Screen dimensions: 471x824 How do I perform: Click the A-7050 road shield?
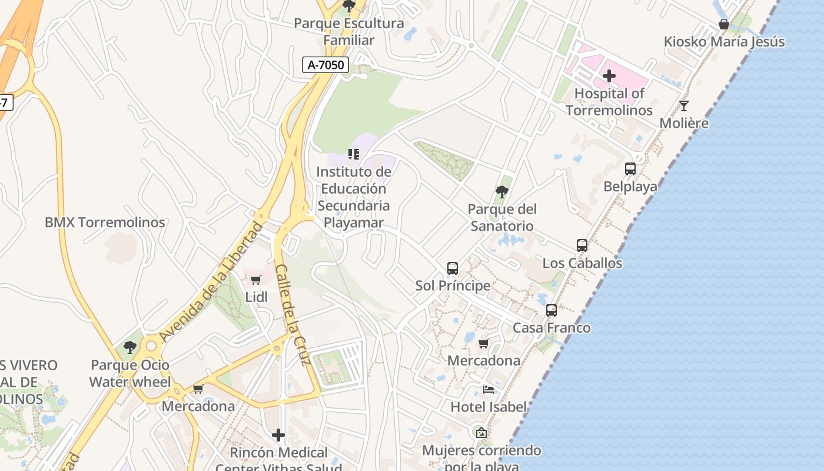coord(326,65)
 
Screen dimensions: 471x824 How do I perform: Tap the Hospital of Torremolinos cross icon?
coord(609,76)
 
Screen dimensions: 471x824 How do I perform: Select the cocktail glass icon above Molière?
coord(683,106)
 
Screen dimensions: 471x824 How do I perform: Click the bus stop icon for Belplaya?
coord(630,169)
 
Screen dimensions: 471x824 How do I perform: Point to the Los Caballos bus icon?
coord(582,246)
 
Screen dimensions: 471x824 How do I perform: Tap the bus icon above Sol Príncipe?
coord(453,268)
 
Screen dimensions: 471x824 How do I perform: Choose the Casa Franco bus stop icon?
coord(551,310)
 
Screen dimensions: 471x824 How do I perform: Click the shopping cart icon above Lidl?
coord(255,280)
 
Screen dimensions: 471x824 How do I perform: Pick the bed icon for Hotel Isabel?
coord(489,389)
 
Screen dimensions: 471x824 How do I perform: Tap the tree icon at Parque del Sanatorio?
coord(502,191)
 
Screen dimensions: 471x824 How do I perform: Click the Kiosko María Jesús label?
coord(724,42)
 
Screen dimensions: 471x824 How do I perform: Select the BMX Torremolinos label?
coord(105,223)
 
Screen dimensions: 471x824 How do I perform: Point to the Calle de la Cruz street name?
coord(293,314)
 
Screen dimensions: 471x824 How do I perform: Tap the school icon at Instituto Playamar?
coord(354,154)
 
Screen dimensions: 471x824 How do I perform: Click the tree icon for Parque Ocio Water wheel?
coord(130,347)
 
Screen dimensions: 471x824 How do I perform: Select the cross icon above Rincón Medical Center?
coord(278,435)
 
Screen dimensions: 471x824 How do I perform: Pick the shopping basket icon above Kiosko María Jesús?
coord(724,24)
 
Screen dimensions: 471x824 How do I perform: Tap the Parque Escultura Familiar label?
coord(349,32)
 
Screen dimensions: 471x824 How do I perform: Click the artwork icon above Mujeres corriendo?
coord(481,433)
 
